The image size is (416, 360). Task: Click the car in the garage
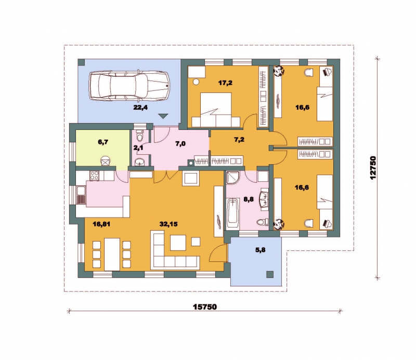click(129, 85)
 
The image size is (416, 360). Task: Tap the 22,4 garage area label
click(140, 108)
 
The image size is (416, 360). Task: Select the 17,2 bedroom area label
click(225, 83)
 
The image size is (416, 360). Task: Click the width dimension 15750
click(205, 306)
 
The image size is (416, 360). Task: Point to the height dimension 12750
click(373, 168)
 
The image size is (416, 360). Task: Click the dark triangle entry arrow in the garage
click(163, 116)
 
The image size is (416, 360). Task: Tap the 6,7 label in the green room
click(103, 142)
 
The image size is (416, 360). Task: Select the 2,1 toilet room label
click(138, 148)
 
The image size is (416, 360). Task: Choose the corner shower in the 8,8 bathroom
click(232, 177)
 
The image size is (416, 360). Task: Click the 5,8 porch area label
click(261, 250)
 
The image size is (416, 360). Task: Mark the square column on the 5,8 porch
click(270, 274)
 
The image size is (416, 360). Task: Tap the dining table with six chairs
click(112, 254)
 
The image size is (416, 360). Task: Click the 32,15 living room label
click(168, 224)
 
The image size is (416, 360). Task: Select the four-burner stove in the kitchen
click(94, 176)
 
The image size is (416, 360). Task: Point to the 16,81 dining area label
click(101, 224)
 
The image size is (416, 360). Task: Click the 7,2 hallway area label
click(239, 140)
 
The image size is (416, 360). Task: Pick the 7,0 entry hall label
click(180, 144)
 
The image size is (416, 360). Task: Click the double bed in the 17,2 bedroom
click(216, 110)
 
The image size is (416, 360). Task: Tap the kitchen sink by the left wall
click(81, 195)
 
